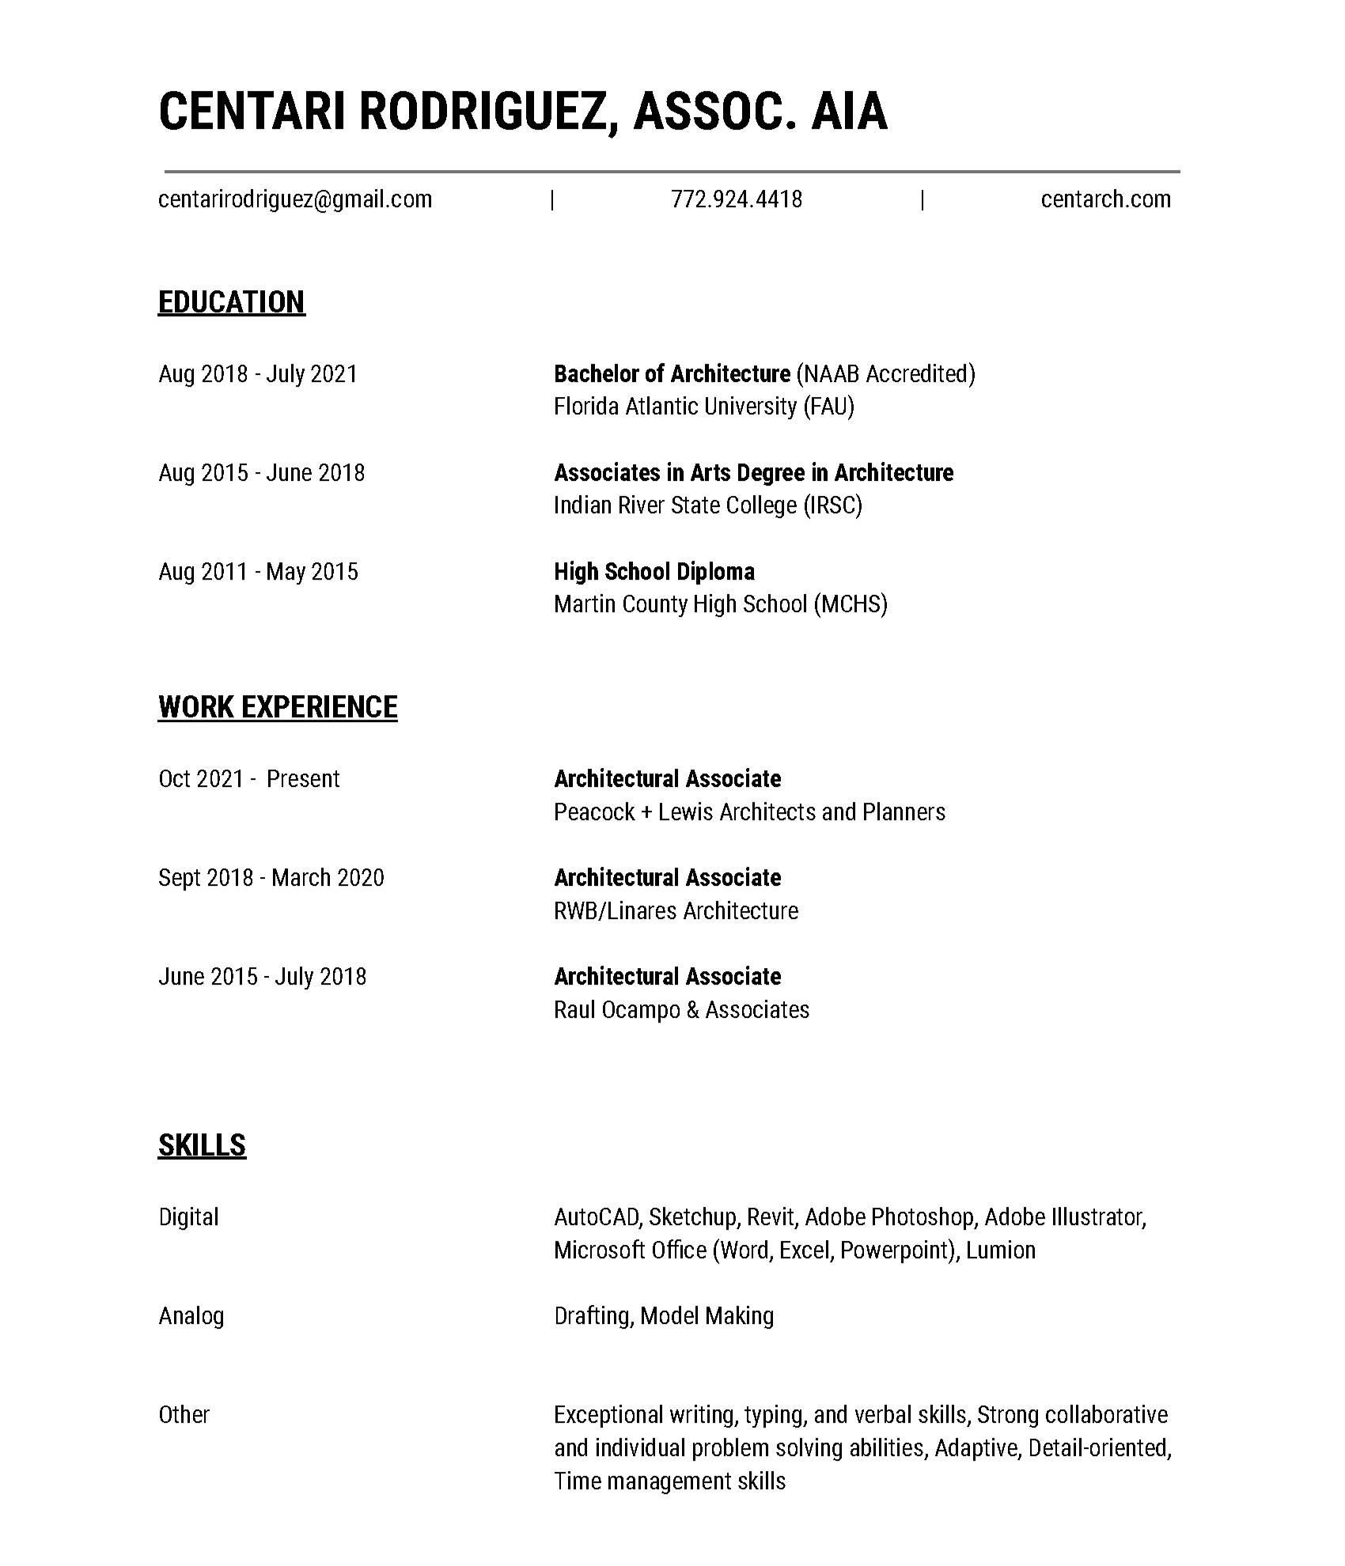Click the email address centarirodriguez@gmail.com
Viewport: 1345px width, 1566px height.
click(295, 199)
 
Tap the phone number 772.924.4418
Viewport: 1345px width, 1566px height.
click(736, 199)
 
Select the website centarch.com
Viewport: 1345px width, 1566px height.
click(1105, 199)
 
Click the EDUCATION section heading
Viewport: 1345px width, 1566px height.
click(231, 302)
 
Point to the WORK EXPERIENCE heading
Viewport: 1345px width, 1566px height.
click(277, 707)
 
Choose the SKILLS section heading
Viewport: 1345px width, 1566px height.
click(202, 1145)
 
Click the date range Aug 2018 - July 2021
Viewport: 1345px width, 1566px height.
click(258, 374)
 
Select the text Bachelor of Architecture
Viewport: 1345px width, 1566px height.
click(672, 374)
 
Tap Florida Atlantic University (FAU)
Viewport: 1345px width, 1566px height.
click(703, 407)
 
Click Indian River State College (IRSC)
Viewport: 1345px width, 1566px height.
click(707, 505)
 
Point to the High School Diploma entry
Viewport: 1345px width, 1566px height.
click(654, 572)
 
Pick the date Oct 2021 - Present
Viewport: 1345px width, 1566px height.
click(248, 779)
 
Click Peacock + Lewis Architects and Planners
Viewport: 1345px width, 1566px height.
click(749, 812)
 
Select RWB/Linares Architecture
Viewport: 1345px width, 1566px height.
click(676, 911)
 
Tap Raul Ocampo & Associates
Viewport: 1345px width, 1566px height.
click(681, 1010)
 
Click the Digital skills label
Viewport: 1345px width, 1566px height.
click(188, 1217)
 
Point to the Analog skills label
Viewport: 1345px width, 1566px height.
click(191, 1316)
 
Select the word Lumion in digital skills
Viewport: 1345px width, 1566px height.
click(1000, 1250)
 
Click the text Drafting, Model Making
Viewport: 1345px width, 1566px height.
click(664, 1316)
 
